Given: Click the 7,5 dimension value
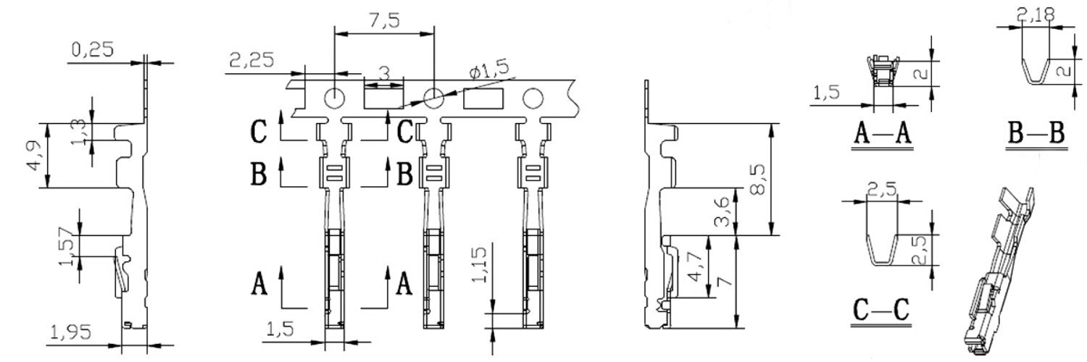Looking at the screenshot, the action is (x=384, y=21).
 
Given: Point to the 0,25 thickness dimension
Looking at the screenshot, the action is (x=93, y=49).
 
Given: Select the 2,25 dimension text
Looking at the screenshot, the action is (x=251, y=60).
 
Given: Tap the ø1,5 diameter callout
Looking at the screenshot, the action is (x=488, y=70).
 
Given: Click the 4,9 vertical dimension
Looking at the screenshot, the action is (x=34, y=156).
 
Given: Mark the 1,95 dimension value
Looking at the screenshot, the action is (x=71, y=332).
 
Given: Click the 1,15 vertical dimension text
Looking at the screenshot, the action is (x=479, y=265).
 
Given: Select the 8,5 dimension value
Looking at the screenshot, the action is (x=758, y=180).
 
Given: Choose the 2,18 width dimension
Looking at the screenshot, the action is (x=1036, y=15).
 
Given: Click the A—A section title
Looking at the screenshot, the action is (x=883, y=134).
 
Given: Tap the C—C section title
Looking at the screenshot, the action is (x=880, y=310).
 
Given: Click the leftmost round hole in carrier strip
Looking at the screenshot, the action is (x=334, y=98).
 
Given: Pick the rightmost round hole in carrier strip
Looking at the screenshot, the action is (x=533, y=98).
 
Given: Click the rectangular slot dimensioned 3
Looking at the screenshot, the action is (x=384, y=98).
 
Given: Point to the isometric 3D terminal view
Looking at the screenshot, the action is (x=999, y=269).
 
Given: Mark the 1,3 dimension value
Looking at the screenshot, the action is (x=80, y=132).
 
